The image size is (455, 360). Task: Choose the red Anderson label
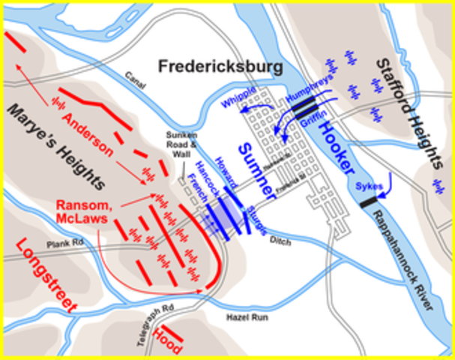click(88, 134)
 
